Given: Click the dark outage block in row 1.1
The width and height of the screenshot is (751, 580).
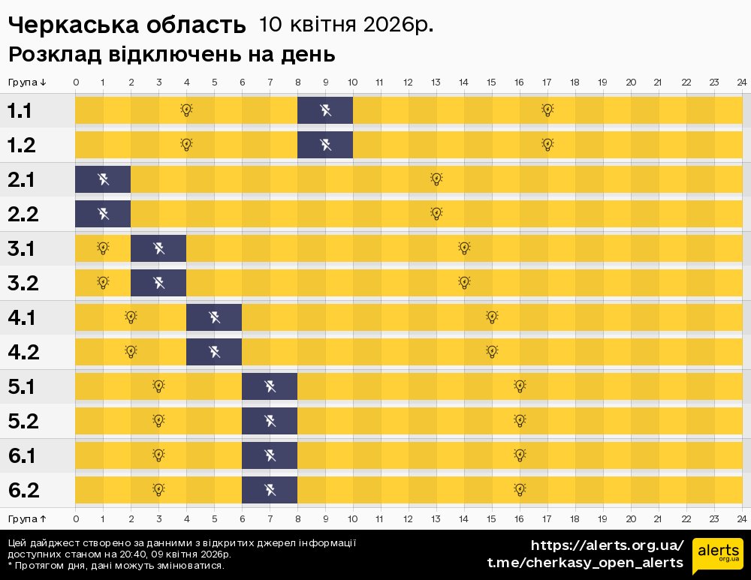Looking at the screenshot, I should [325, 111].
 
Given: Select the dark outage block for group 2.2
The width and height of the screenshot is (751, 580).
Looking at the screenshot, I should [103, 214].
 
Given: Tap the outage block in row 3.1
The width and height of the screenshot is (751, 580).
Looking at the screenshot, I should [158, 248].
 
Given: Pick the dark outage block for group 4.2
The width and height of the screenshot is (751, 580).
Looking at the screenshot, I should [214, 351].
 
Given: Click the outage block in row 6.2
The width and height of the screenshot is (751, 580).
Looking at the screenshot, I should [270, 490].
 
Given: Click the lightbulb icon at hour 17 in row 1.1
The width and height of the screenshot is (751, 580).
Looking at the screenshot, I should [547, 110].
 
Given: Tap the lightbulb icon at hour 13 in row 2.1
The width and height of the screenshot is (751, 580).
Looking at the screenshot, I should [436, 179].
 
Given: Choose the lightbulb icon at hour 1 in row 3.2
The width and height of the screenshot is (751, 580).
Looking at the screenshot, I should [103, 282].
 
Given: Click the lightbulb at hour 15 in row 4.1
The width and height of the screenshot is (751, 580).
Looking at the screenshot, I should [492, 317].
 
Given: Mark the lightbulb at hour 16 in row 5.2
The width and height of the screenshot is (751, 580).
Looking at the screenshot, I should [520, 420].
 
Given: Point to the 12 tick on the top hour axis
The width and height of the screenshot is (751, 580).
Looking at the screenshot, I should [408, 82].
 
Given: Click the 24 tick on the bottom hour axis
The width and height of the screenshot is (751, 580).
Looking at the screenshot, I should [741, 518].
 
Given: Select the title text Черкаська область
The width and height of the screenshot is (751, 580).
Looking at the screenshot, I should [127, 26].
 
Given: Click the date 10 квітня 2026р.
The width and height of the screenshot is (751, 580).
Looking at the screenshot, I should [346, 25].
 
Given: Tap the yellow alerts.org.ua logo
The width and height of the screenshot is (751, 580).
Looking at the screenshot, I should [717, 556].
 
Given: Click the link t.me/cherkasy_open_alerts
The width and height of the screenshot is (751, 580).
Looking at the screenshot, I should [585, 563].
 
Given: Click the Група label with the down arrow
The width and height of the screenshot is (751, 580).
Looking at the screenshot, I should [28, 82].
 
